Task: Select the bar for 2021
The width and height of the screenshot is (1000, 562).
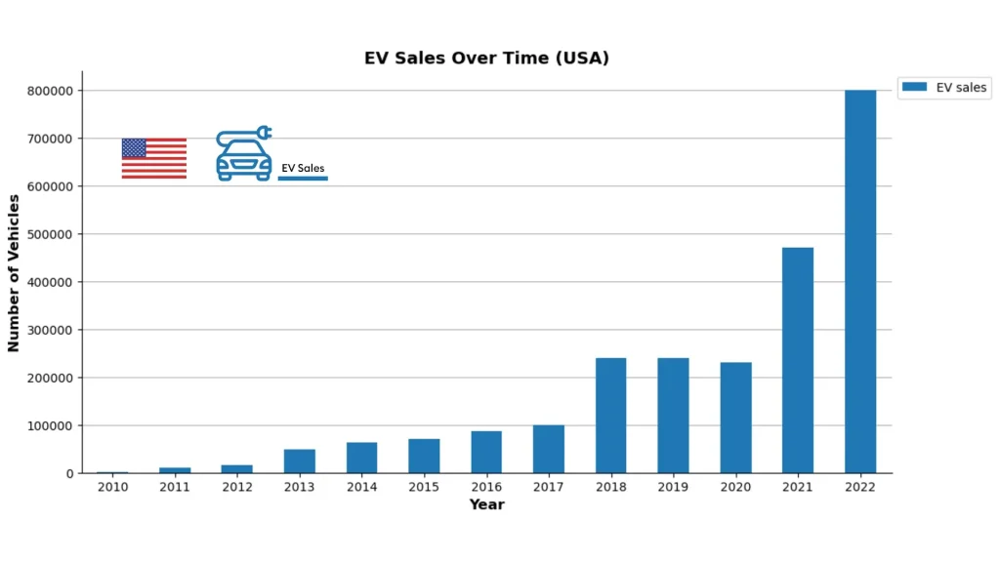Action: point(797,360)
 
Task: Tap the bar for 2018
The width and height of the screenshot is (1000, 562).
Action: point(610,416)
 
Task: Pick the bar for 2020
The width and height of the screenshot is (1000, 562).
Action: point(735,418)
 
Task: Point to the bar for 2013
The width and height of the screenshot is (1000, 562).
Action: point(299,462)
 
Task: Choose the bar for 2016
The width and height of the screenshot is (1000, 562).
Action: point(486,452)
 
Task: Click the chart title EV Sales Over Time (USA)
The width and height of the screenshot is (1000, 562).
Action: point(486,58)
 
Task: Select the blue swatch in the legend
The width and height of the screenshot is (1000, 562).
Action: point(914,88)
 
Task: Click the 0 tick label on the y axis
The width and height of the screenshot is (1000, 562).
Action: point(69,473)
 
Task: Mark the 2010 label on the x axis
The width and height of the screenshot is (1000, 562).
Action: point(112,487)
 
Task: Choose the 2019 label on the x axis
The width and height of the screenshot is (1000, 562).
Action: point(673,487)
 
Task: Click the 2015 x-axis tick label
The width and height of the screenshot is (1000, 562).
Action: point(424,487)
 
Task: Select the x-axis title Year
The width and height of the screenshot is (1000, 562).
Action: point(486,504)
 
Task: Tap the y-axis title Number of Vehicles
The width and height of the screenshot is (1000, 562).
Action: point(14,273)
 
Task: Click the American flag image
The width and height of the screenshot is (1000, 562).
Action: point(154,158)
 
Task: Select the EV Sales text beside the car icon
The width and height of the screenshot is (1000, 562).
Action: point(303,168)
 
